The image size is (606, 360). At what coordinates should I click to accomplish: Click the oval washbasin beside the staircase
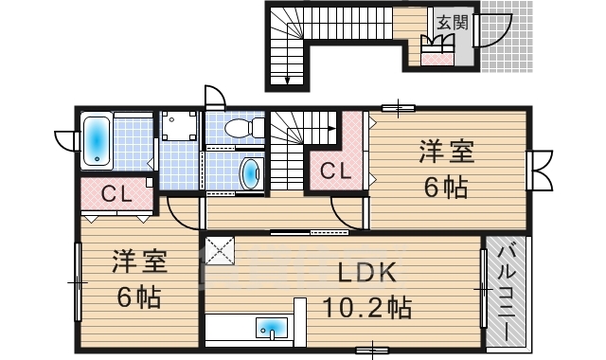pos(250,174)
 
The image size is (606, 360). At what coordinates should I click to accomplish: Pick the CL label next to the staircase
pos(333,172)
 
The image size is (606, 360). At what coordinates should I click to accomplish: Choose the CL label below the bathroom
pos(116,195)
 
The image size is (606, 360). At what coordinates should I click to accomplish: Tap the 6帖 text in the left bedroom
pos(139,297)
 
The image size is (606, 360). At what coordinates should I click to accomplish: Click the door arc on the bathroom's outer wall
pos(65,141)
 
